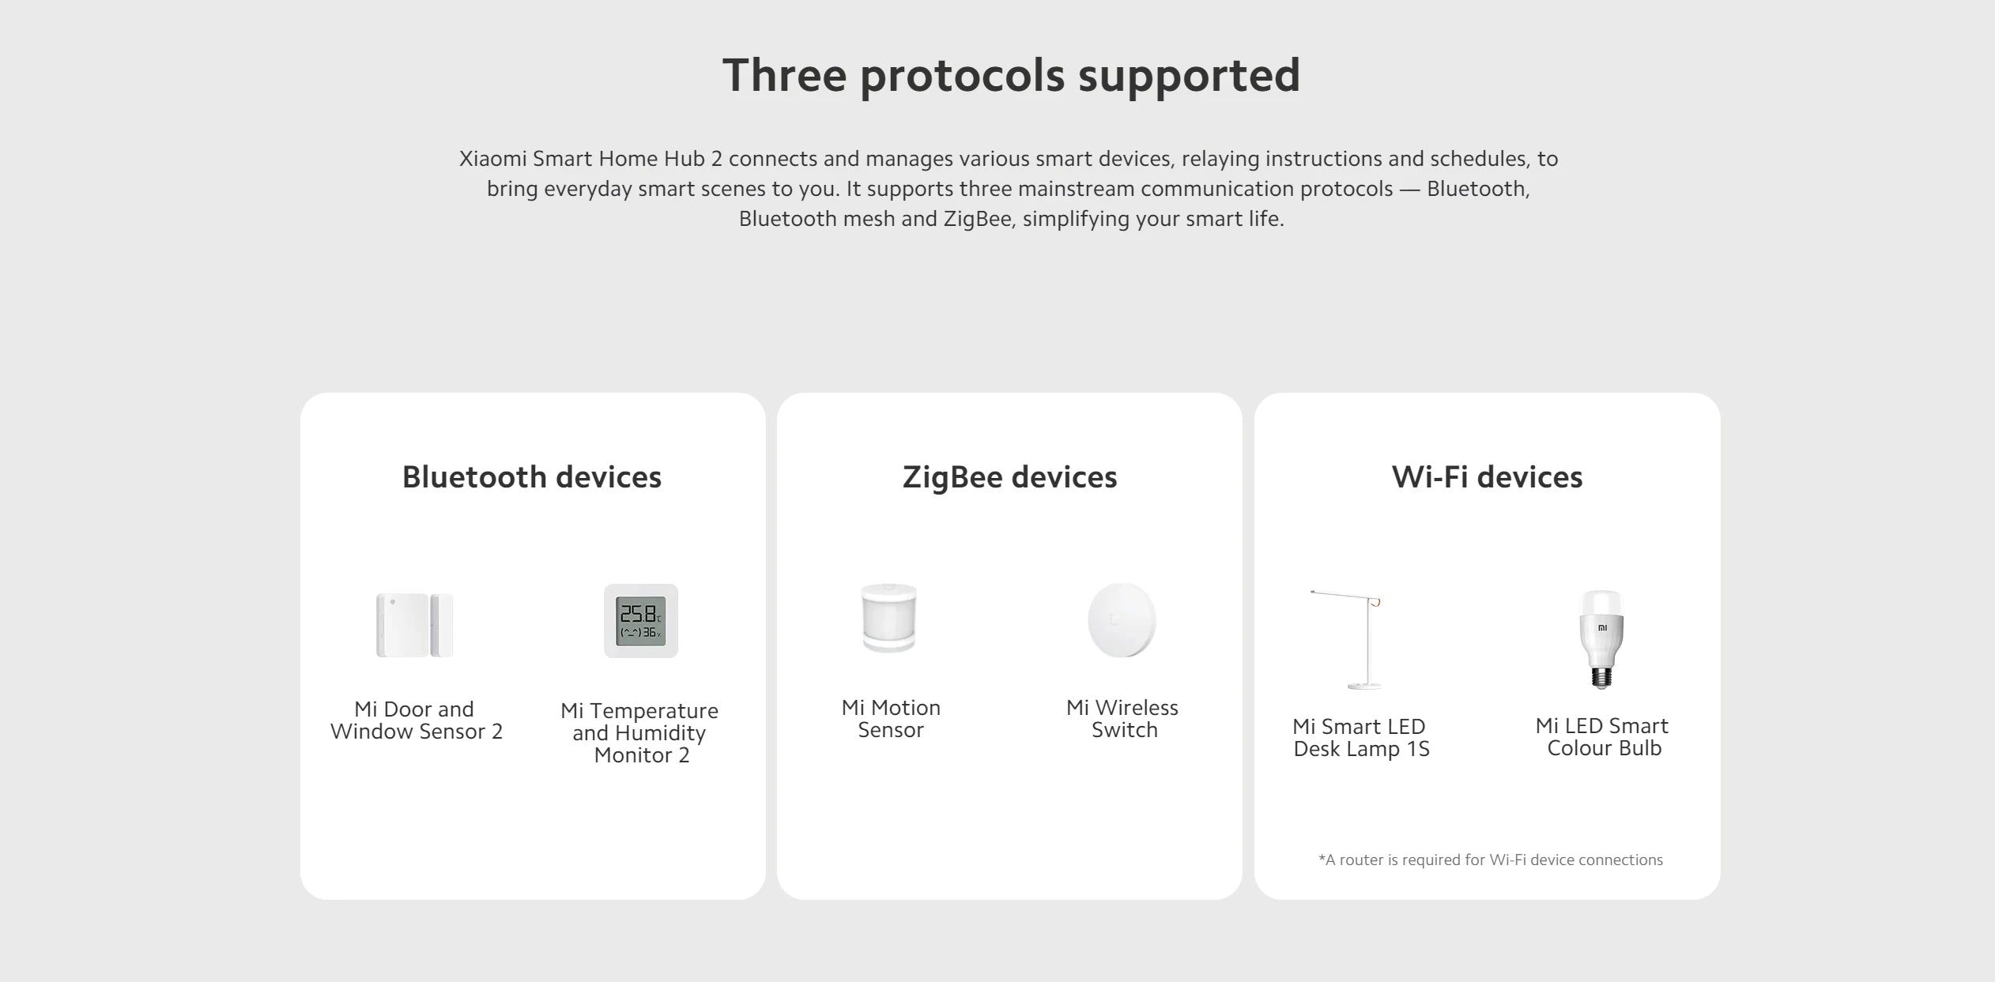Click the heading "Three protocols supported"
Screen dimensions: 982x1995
point(1011,76)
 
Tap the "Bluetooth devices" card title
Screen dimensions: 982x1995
point(532,477)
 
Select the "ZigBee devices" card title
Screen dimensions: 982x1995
point(1009,477)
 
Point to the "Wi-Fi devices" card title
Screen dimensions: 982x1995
point(1487,477)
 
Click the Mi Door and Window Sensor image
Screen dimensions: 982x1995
point(414,625)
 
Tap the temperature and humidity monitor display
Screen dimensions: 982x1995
point(641,621)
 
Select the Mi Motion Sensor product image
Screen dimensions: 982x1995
point(889,618)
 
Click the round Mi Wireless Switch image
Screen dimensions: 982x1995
point(1122,620)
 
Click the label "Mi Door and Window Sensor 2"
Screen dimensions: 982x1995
point(416,721)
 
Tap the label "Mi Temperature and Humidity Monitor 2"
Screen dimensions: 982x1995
point(640,732)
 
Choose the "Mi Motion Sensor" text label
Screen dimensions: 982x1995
point(891,719)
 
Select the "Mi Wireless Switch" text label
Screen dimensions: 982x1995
point(1123,719)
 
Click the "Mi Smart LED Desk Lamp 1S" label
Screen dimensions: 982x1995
point(1361,738)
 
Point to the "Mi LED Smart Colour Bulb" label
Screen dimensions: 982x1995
point(1603,737)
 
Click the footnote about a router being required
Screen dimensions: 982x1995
point(1490,860)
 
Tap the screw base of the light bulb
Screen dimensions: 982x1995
point(1601,677)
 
